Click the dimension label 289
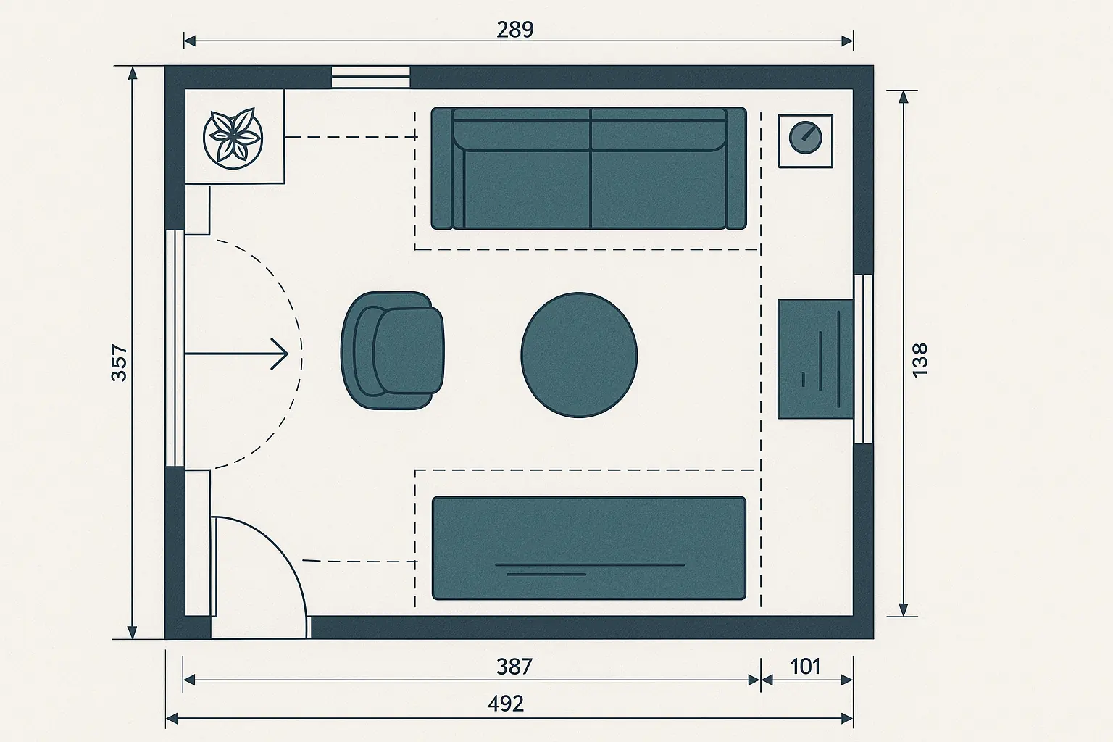[x=515, y=30]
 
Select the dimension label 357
[x=119, y=362]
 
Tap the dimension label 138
[x=920, y=359]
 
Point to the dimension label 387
[x=514, y=666]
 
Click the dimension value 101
[x=805, y=666]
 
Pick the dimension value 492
[x=505, y=703]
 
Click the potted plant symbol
[x=233, y=138]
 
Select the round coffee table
[x=580, y=355]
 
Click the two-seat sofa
[x=588, y=168]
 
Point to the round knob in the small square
[x=804, y=137]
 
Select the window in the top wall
[x=371, y=77]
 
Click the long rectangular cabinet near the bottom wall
[x=588, y=548]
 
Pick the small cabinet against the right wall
[x=815, y=359]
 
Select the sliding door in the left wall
[x=175, y=349]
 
